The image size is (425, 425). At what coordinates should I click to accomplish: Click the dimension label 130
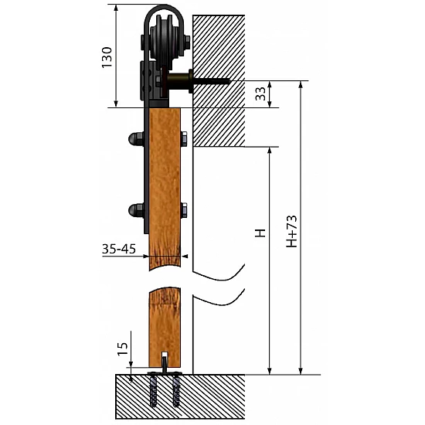click(107, 57)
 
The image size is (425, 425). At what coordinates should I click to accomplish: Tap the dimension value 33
click(260, 93)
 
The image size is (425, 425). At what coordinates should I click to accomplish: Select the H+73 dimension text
click(291, 231)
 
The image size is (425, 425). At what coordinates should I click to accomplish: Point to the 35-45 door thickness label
click(119, 249)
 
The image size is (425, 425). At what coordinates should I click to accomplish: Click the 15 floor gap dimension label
click(122, 349)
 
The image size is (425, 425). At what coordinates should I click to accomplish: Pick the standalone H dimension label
click(260, 233)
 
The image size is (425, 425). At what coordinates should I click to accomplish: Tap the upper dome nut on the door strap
click(136, 139)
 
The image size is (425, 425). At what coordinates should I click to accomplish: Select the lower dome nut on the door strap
click(136, 210)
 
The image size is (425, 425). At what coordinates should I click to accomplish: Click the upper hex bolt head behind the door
click(184, 139)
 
